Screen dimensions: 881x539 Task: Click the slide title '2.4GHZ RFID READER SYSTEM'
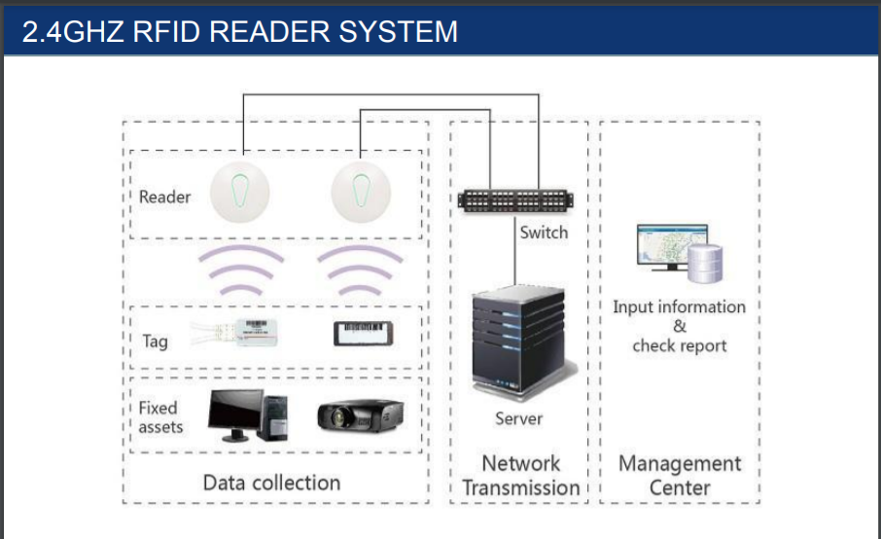(240, 31)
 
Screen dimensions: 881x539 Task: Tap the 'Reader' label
(164, 197)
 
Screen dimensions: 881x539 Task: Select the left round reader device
(240, 193)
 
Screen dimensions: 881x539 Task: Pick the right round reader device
(361, 193)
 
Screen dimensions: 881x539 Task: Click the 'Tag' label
(155, 341)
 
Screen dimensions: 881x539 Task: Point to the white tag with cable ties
(235, 333)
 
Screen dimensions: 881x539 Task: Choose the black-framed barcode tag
(363, 333)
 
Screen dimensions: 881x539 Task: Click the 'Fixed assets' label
(160, 417)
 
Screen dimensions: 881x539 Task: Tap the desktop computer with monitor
(248, 414)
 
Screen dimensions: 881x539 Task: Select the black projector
(360, 415)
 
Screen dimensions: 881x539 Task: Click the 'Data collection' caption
(271, 483)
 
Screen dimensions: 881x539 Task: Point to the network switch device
(515, 200)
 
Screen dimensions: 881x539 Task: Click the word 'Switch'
(544, 233)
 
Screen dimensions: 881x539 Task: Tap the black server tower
(519, 342)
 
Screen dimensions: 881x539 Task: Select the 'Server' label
(518, 418)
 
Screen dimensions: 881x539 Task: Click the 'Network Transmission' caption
(521, 476)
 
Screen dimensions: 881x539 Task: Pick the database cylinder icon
(705, 264)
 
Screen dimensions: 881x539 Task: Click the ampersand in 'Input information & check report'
(680, 326)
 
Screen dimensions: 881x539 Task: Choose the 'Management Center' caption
(680, 476)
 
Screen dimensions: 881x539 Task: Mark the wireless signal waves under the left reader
(240, 269)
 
